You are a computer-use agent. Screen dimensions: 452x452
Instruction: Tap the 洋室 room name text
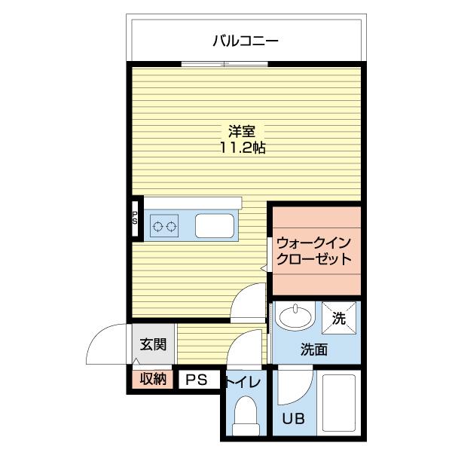(243, 130)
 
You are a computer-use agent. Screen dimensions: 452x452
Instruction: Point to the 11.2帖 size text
(243, 148)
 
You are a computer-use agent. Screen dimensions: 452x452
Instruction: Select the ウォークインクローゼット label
(313, 252)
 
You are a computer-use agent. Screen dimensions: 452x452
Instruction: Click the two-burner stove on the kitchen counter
(164, 225)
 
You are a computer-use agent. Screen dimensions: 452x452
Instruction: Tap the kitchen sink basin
(215, 225)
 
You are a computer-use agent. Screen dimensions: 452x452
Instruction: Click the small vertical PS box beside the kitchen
(135, 218)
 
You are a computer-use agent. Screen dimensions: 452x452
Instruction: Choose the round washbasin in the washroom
(295, 316)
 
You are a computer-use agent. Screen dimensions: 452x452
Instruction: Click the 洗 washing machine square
(338, 318)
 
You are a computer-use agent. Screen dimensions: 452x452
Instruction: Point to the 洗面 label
(314, 349)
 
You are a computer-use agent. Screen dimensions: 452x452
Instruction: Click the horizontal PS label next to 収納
(196, 380)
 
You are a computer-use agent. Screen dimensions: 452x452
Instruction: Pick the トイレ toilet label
(243, 382)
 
